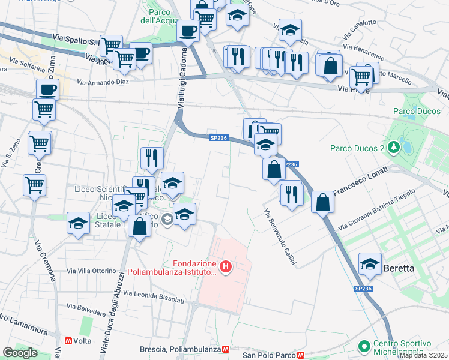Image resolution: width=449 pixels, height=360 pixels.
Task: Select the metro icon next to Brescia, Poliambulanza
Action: click(x=226, y=349)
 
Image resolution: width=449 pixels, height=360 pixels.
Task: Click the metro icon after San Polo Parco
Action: click(x=301, y=355)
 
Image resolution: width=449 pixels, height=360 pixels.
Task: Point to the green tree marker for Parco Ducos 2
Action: click(x=393, y=147)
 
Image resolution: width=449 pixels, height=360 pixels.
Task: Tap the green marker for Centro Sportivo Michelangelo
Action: click(x=363, y=346)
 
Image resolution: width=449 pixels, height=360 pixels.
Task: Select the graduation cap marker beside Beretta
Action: click(x=370, y=264)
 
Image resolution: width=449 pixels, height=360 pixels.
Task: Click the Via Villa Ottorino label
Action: click(x=91, y=271)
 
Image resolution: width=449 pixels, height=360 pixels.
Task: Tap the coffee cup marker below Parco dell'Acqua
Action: click(x=188, y=31)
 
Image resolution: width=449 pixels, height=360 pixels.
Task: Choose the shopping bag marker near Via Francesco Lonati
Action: click(x=322, y=202)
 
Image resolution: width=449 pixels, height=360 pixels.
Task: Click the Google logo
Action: click(x=20, y=353)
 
